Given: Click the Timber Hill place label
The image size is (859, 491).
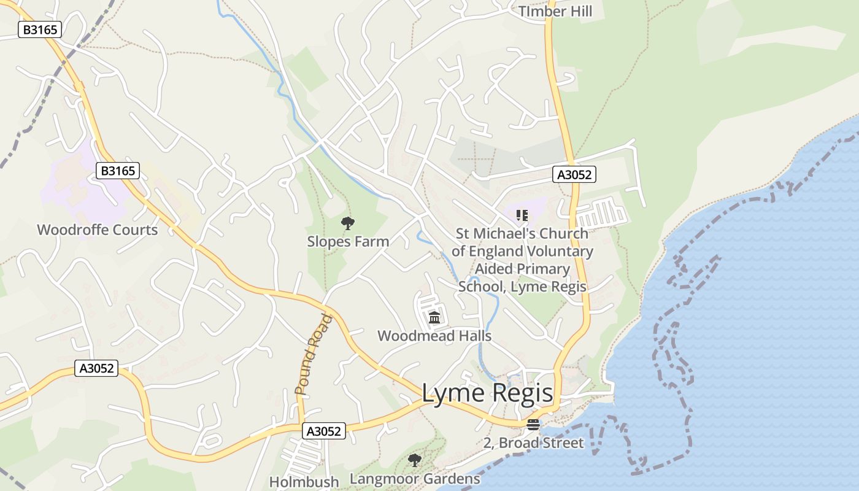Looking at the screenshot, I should click(x=555, y=11).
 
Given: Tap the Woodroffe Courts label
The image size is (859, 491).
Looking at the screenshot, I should click(x=98, y=230).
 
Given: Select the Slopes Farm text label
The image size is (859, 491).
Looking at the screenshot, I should click(x=348, y=241).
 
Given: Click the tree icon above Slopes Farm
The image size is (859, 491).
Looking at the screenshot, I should click(x=348, y=223).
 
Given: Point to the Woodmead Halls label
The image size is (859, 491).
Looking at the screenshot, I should click(x=434, y=336).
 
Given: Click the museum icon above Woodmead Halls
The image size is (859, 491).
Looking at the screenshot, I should click(x=434, y=317).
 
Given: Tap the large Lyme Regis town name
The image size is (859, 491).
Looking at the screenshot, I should click(x=487, y=393).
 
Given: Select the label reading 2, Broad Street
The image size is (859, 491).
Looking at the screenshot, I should click(x=533, y=443).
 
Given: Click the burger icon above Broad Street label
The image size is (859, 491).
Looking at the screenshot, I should click(x=533, y=425).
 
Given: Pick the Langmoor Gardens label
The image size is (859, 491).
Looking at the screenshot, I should click(x=415, y=479).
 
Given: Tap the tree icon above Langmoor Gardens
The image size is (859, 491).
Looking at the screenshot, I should click(x=415, y=460).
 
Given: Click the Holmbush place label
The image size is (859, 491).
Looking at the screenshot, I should click(x=304, y=482).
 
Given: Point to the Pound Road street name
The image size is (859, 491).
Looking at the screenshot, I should click(x=314, y=354).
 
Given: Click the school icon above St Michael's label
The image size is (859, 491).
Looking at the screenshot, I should click(x=522, y=215).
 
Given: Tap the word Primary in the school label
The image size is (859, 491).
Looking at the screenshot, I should click(x=539, y=269).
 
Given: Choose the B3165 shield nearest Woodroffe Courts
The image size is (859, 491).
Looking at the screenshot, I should click(x=118, y=171).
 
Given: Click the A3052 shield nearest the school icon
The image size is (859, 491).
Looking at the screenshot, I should click(x=574, y=174).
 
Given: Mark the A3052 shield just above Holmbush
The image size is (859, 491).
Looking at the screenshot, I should click(x=324, y=431).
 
